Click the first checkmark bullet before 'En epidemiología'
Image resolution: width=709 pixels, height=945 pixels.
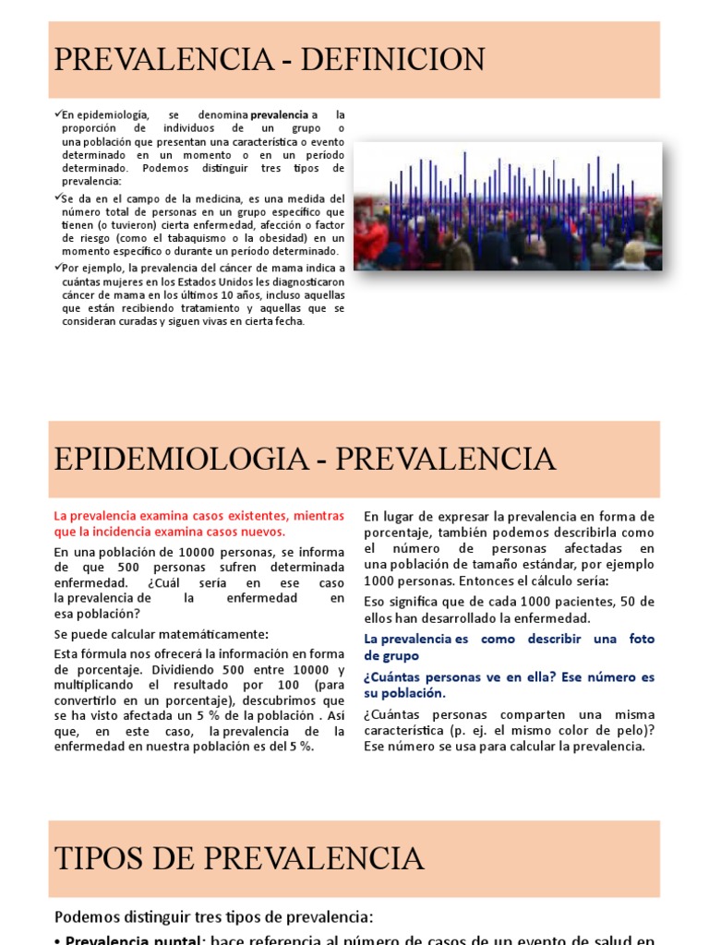click(57, 114)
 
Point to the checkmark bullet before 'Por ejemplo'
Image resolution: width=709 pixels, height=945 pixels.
click(57, 267)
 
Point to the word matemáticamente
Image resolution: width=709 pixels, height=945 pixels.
click(210, 633)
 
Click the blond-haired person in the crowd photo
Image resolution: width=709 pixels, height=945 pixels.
click(635, 251)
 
